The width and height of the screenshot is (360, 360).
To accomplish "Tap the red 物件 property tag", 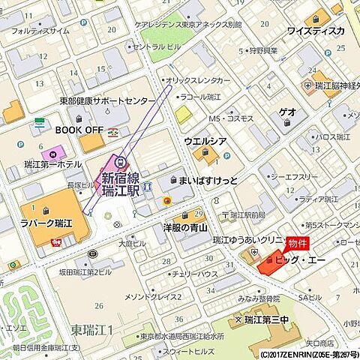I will (297, 244).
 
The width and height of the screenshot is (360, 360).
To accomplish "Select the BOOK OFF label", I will (79, 129).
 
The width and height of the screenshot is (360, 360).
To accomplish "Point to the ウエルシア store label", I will (205, 141).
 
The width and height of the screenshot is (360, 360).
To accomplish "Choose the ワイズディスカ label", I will (316, 31).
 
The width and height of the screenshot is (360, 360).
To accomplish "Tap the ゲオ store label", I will (287, 111).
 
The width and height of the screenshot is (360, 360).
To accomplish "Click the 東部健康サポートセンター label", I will (108, 100).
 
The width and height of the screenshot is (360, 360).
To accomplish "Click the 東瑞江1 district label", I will (92, 330).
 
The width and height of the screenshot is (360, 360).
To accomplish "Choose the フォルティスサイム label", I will (40, 31).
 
